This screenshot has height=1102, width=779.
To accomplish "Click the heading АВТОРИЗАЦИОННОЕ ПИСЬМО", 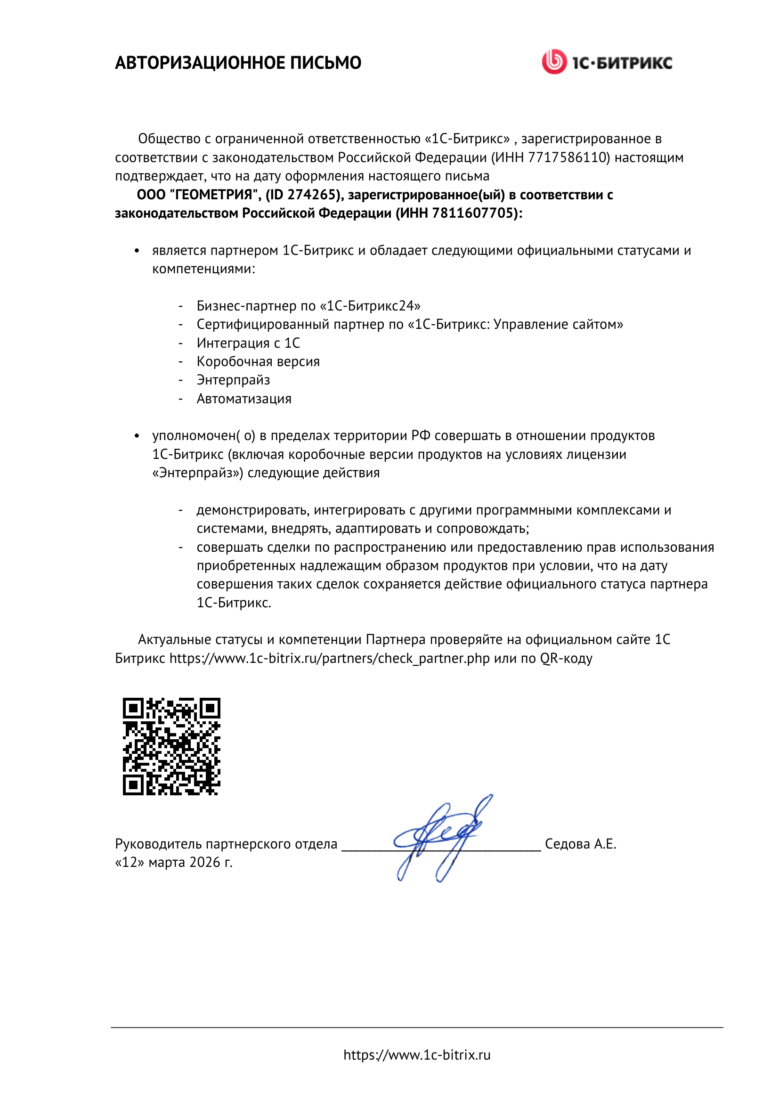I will click(238, 63).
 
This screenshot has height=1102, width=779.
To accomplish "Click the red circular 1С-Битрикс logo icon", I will click(554, 62).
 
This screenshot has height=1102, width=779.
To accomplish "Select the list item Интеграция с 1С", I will click(248, 343).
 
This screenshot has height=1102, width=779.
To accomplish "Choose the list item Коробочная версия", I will click(258, 361).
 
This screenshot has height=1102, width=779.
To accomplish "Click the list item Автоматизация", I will click(243, 399).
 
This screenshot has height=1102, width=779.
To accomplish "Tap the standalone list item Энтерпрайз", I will click(233, 380).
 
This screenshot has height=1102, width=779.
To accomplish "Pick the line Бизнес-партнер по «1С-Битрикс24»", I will click(308, 306).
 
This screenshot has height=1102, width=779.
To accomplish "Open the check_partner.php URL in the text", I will click(330, 658).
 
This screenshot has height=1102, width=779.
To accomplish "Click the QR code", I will click(171, 746).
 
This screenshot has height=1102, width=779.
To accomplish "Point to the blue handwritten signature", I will click(441, 838).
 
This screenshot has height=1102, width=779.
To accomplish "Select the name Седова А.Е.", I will click(580, 844).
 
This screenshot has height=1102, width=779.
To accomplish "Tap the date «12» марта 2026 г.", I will click(174, 863).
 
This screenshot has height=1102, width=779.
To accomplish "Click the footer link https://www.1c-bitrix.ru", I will click(417, 1055).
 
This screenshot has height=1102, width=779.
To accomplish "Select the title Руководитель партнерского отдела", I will click(226, 844).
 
